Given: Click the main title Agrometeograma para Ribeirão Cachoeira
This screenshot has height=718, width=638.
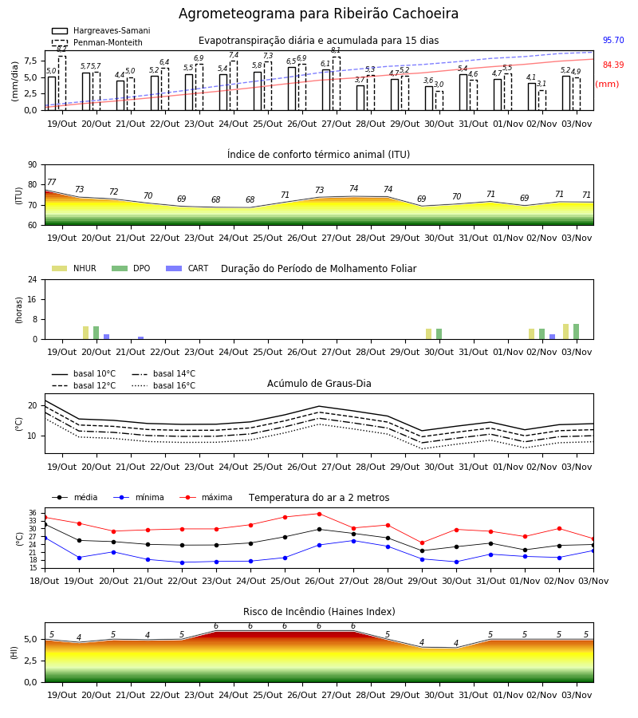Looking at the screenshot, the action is point(318,14).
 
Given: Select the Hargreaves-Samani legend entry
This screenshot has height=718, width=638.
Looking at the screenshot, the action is point(101,30).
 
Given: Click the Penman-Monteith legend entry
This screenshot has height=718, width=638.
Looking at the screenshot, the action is point(97,42).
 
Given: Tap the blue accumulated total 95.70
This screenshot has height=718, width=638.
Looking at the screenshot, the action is point(613,41).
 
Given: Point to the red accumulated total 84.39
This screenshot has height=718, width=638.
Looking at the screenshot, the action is point(613,65).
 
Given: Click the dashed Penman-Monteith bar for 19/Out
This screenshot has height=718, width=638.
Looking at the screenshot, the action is point(62,83).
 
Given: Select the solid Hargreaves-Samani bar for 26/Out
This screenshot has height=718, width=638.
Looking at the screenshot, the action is point(292,89).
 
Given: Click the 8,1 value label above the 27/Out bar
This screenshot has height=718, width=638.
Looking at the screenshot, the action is point(336,50).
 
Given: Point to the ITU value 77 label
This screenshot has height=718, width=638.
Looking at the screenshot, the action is point(51,182).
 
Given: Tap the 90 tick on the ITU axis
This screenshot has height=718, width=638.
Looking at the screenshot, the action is point(33,165).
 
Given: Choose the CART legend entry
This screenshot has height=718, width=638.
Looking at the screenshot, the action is point(187,268).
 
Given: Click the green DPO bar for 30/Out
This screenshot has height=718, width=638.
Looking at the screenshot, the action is point(439,333).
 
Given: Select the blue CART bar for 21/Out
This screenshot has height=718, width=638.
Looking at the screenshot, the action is point(140,338).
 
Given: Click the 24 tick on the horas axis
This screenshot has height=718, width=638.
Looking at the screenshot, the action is point(33,279).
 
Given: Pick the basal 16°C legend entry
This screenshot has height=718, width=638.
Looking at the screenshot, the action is point(163,385).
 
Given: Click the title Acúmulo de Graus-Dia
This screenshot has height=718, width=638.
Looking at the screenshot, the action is point(319,384).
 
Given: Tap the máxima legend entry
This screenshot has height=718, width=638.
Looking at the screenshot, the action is point(206,497).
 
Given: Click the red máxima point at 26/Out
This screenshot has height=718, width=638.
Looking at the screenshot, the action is point(320,514).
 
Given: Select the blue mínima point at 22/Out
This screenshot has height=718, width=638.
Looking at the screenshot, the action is point(182,562).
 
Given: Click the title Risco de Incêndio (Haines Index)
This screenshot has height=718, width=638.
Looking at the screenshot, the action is point(319,612).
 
